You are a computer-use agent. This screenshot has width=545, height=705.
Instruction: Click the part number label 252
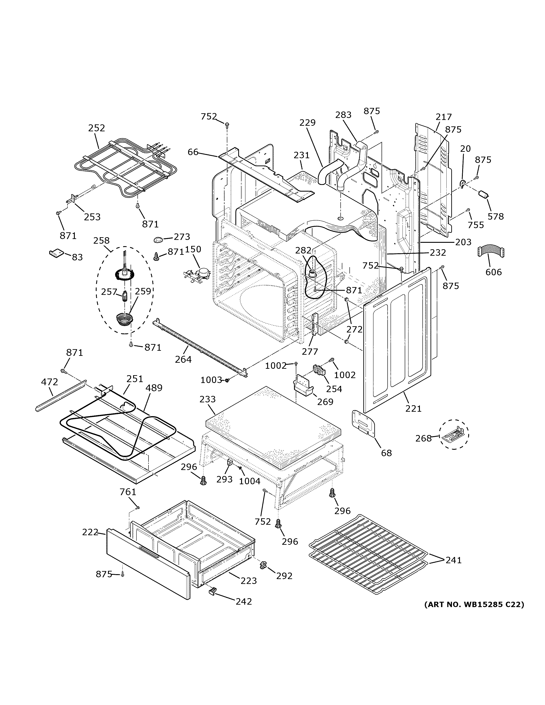[97, 128]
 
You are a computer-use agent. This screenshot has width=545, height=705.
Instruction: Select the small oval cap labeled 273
[159, 239]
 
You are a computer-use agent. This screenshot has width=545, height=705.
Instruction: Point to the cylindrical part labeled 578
[483, 195]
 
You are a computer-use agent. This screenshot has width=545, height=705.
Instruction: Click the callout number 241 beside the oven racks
[454, 560]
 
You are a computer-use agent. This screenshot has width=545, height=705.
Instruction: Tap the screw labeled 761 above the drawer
[138, 508]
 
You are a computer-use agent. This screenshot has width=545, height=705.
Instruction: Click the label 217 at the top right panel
[443, 117]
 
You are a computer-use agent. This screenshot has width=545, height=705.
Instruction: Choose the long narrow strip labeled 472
[61, 396]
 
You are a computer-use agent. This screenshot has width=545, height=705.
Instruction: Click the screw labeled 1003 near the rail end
[227, 380]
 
